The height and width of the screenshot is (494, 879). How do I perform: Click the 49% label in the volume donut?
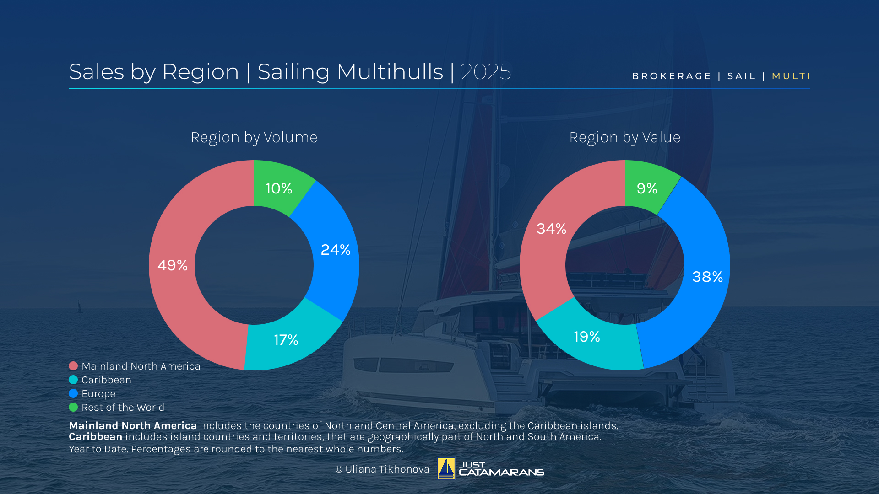(x=173, y=265)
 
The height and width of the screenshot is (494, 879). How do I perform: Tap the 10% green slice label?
(x=279, y=188)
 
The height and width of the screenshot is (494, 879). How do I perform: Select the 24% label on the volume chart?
(x=336, y=250)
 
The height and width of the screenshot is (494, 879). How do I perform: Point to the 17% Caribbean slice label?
(x=286, y=340)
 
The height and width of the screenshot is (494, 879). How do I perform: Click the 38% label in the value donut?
(x=707, y=277)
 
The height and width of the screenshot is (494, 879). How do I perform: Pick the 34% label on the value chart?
(x=551, y=229)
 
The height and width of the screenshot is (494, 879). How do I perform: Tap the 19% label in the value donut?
(x=587, y=337)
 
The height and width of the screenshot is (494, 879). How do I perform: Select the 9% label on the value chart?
(x=647, y=188)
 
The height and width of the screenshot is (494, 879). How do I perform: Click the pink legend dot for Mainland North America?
(x=73, y=366)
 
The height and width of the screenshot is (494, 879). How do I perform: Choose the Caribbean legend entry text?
(x=106, y=380)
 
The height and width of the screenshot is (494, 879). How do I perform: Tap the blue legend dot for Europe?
(x=73, y=393)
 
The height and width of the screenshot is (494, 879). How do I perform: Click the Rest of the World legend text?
(x=123, y=408)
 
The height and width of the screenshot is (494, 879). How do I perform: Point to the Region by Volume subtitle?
(x=254, y=137)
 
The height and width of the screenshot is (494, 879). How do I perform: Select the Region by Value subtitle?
(x=625, y=137)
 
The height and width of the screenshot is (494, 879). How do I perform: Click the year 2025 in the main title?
(x=486, y=72)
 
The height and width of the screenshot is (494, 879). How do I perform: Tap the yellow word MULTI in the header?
(x=791, y=76)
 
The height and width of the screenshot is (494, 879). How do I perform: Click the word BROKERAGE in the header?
(x=672, y=76)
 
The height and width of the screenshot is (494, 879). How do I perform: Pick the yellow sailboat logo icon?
(x=446, y=469)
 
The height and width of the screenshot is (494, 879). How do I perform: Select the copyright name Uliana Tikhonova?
(x=387, y=469)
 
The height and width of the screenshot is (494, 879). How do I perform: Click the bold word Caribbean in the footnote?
(x=95, y=437)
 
